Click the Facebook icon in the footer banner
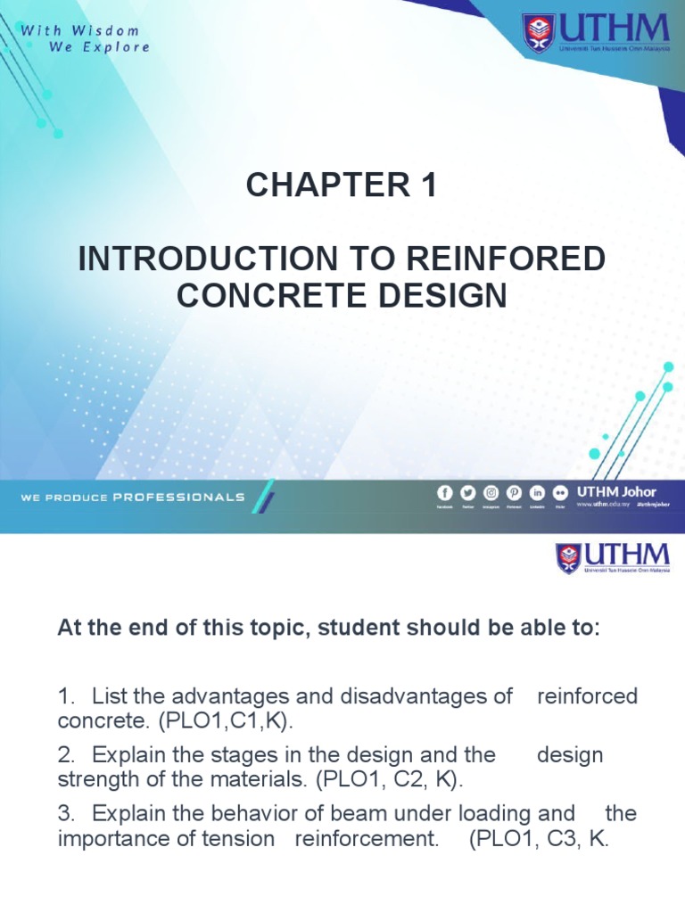(444, 492)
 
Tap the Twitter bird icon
(467, 492)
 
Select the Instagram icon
(491, 492)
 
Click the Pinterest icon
(514, 492)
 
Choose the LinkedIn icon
(537, 492)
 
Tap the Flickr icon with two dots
(560, 492)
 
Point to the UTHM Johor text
(616, 491)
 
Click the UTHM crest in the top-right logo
(538, 33)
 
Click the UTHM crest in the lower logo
(569, 558)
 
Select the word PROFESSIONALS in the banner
(178, 497)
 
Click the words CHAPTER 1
(342, 186)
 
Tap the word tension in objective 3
(241, 838)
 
